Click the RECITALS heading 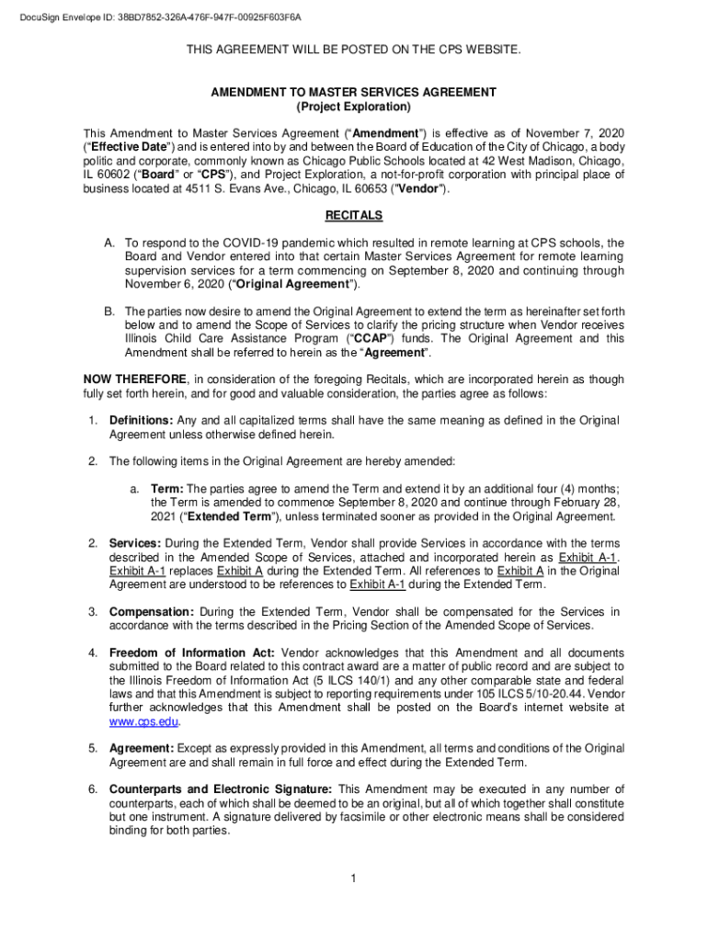pyautogui.click(x=354, y=216)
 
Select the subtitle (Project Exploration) pyautogui.click(x=354, y=108)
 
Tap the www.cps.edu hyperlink pyautogui.click(x=138, y=721)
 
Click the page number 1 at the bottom pyautogui.click(x=353, y=879)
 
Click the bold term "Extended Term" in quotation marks pyautogui.click(x=204, y=516)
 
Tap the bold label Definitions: pyautogui.click(x=141, y=420)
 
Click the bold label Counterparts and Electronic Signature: pyautogui.click(x=222, y=789)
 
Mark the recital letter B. pyautogui.click(x=108, y=311)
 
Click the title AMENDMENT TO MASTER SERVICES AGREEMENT pyautogui.click(x=354, y=92)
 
